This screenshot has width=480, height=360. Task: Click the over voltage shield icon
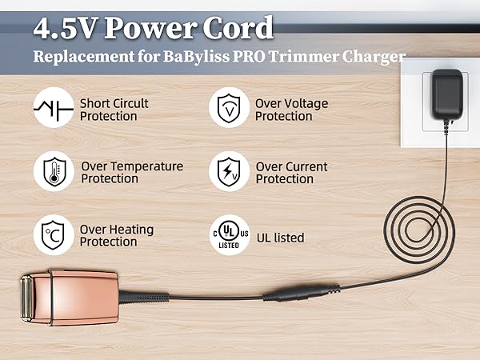tap(229, 110)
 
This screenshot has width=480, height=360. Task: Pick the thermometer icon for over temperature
tap(54, 172)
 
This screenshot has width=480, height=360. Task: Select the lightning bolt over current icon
tap(229, 172)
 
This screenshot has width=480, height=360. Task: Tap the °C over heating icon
tap(54, 235)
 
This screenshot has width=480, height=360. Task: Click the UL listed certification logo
tap(229, 235)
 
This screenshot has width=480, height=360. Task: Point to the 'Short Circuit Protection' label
tap(114, 110)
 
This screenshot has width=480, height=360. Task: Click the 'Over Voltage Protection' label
tap(291, 110)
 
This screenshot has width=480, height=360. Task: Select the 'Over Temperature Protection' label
tap(132, 172)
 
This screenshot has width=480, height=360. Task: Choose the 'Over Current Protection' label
tap(291, 172)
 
